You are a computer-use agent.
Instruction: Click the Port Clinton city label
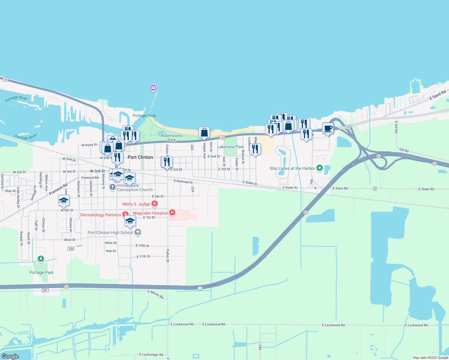tap(140, 157)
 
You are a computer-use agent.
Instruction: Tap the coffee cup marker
tap(328, 128)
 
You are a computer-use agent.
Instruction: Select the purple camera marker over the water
tap(153, 88)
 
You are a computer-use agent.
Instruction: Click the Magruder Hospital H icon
tap(172, 213)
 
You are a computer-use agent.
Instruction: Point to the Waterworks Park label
tap(171, 138)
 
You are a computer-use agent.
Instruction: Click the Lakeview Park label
tap(231, 147)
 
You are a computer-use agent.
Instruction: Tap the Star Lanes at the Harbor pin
tap(320, 168)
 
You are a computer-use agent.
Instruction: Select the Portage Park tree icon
tap(41, 259)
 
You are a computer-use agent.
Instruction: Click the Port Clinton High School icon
tap(138, 232)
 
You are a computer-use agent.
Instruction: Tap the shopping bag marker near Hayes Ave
tap(204, 132)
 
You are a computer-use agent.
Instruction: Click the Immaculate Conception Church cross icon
tap(113, 187)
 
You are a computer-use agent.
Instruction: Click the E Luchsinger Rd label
tap(151, 355)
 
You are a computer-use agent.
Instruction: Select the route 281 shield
tap(45, 290)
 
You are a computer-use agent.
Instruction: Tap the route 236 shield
tap(71, 249)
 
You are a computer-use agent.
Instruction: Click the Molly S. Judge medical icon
tap(155, 204)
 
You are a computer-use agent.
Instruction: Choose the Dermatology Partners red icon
tap(125, 214)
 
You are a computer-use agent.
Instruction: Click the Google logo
tap(10, 356)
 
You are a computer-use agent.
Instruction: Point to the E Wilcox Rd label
tap(155, 294)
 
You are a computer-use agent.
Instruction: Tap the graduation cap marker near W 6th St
tap(64, 200)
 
